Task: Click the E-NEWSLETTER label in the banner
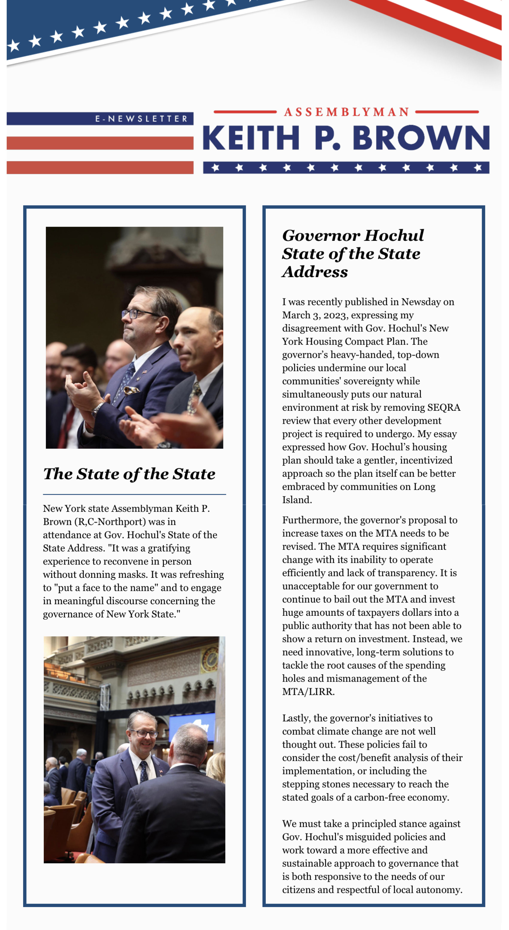click(x=141, y=119)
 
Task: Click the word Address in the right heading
click(x=315, y=272)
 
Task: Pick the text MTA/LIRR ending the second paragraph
click(x=308, y=692)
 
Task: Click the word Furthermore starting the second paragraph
click(x=311, y=520)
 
